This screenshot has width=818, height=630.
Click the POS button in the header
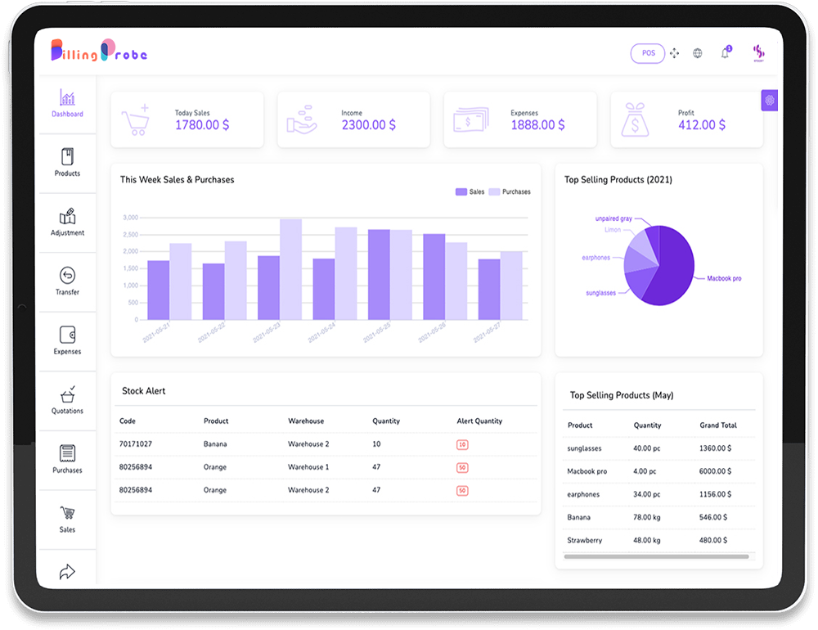coord(648,53)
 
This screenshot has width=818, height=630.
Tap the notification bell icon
coord(725,53)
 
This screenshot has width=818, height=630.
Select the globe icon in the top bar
coord(698,53)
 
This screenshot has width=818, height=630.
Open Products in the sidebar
coord(67,162)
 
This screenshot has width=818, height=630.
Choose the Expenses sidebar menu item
coord(67,340)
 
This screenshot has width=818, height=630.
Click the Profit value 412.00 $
coord(702,125)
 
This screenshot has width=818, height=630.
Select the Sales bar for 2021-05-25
coord(379,274)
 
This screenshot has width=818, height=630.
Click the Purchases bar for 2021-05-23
coord(290,269)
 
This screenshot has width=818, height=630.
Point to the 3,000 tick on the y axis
coord(130,218)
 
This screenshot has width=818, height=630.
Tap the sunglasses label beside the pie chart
coord(601,293)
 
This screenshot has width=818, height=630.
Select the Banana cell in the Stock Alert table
coord(215,444)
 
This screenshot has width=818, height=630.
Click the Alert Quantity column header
coord(479,421)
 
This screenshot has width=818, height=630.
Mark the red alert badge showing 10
coord(462,444)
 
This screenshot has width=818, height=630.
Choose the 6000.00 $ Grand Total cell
coord(715,471)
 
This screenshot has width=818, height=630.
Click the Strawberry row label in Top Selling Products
coord(584,540)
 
